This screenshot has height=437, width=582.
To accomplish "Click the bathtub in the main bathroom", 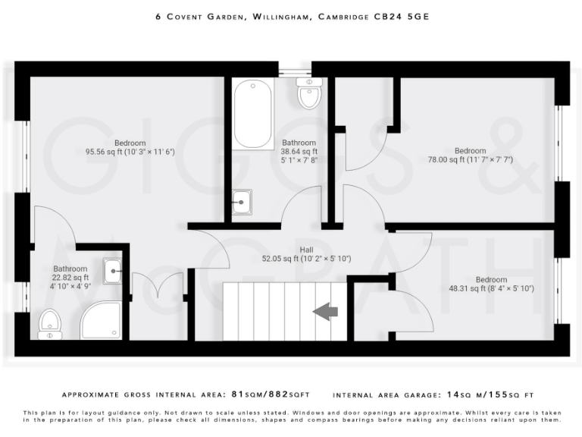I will coord(253,115).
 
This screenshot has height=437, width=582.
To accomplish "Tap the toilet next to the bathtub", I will coord(308,94).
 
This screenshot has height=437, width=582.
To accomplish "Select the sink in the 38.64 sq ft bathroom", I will coord(242,202).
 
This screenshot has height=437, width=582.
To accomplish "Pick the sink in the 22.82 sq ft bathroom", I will coord(112,269).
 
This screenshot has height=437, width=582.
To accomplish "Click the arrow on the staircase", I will coord(326,310).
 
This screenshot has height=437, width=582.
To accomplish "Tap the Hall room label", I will coord(306,250).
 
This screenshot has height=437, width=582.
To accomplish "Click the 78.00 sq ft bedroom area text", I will coord(470,159).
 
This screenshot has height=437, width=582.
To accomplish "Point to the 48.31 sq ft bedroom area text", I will coord(491,288).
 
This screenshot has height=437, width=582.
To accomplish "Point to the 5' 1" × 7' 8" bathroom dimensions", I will coord(299,160).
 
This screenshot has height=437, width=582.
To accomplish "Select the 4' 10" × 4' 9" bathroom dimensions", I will coord(70,287).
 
